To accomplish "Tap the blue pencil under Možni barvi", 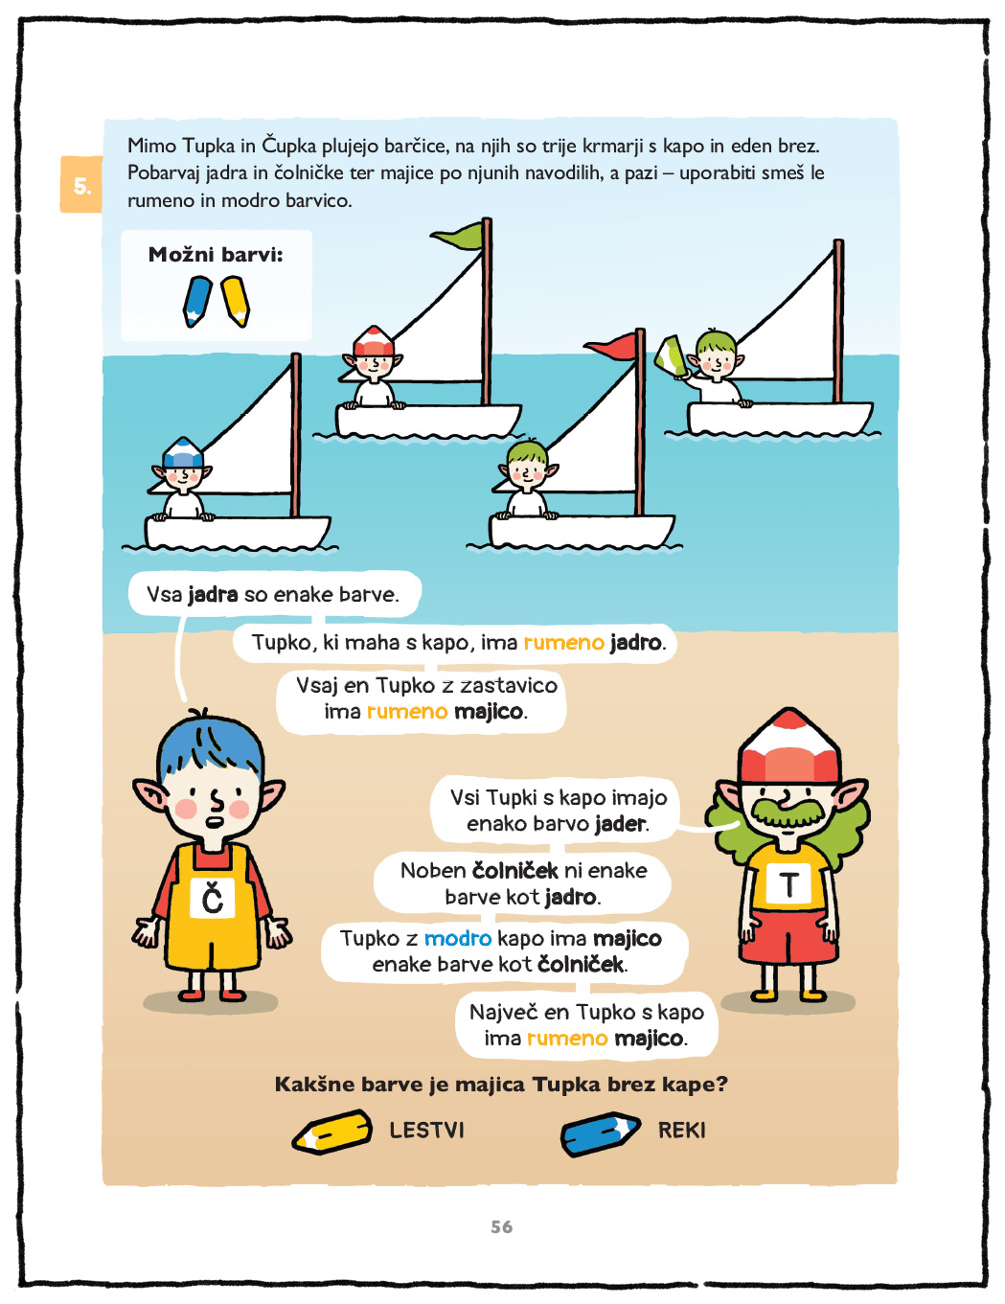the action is pyautogui.click(x=196, y=301).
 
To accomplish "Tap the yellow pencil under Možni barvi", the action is pyautogui.click(x=235, y=301).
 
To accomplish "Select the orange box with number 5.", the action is pyautogui.click(x=81, y=185).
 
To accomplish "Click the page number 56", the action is pyautogui.click(x=502, y=1226).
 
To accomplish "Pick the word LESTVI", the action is pyautogui.click(x=426, y=1131).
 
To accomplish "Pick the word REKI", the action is pyautogui.click(x=681, y=1131).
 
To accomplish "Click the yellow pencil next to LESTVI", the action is pyautogui.click(x=331, y=1132).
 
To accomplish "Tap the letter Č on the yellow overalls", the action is pyautogui.click(x=212, y=897).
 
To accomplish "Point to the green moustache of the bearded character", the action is pyautogui.click(x=788, y=812).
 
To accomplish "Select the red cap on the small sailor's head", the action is pyautogui.click(x=374, y=341).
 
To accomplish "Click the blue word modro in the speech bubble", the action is pyautogui.click(x=457, y=938).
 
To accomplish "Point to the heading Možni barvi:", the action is pyautogui.click(x=216, y=255).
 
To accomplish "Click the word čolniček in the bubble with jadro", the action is pyautogui.click(x=515, y=870).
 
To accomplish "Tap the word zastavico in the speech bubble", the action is pyautogui.click(x=509, y=685).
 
